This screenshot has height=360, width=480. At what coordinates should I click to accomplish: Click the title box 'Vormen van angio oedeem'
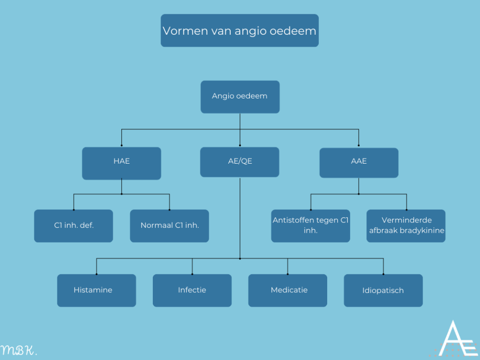tap(240, 30)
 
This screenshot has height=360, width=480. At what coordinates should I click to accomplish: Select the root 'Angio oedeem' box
tap(240, 96)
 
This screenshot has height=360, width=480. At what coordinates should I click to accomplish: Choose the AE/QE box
tap(240, 162)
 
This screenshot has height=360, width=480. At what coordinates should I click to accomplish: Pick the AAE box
tap(359, 162)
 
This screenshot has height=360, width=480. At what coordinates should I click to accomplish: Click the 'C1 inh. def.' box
tap(73, 226)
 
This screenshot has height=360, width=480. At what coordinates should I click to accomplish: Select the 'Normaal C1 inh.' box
tap(169, 226)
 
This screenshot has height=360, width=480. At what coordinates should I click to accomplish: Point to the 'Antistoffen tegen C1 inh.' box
tap(311, 226)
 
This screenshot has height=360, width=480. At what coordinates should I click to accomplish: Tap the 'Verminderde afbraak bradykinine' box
tap(406, 226)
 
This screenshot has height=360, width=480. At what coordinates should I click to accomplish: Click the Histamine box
tap(96, 290)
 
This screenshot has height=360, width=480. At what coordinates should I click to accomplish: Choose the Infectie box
tap(192, 290)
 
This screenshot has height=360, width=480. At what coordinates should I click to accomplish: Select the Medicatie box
tap(288, 290)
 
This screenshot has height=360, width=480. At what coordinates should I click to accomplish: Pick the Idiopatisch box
tap(383, 290)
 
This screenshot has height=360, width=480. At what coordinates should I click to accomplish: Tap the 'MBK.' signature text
tap(19, 350)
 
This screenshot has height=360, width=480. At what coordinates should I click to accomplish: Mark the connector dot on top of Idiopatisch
tap(383, 274)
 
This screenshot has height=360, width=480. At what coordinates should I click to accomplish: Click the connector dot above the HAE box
tap(121, 145)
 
